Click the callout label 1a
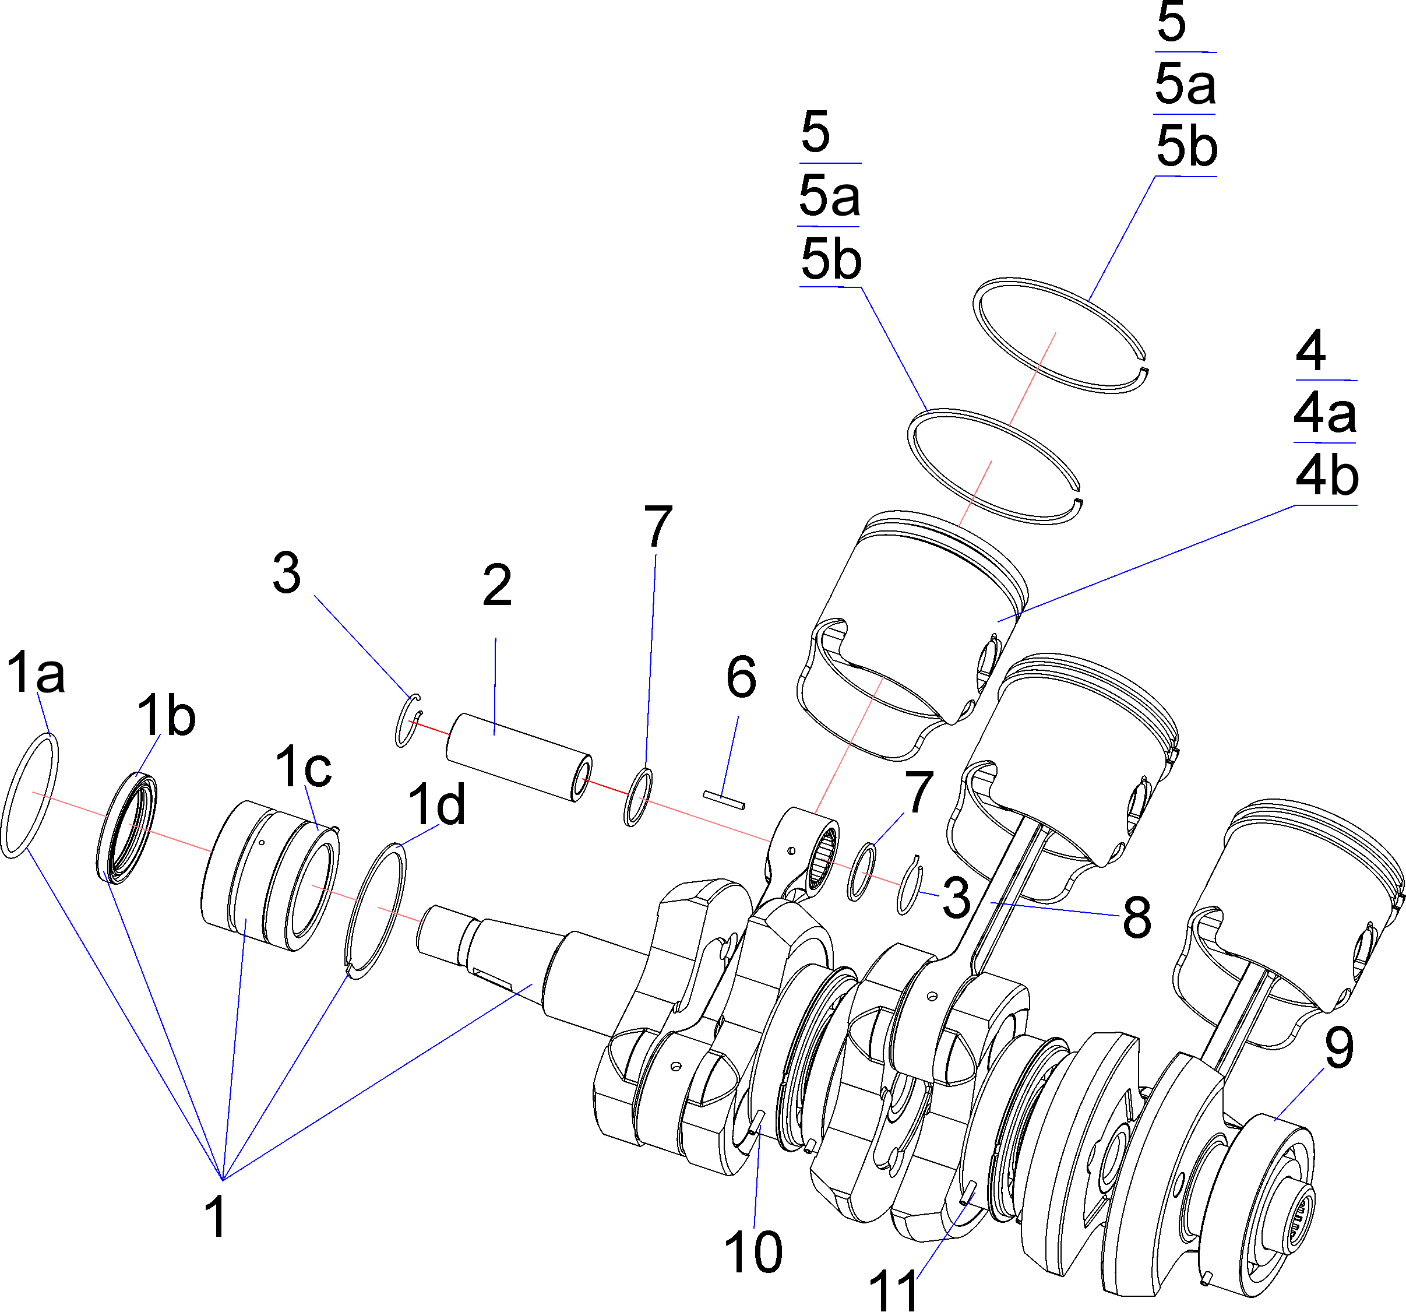36,674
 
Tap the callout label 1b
166,716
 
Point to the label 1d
437,805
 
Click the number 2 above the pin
497,586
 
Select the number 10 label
754,1252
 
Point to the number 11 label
894,1290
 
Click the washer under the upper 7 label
638,797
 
